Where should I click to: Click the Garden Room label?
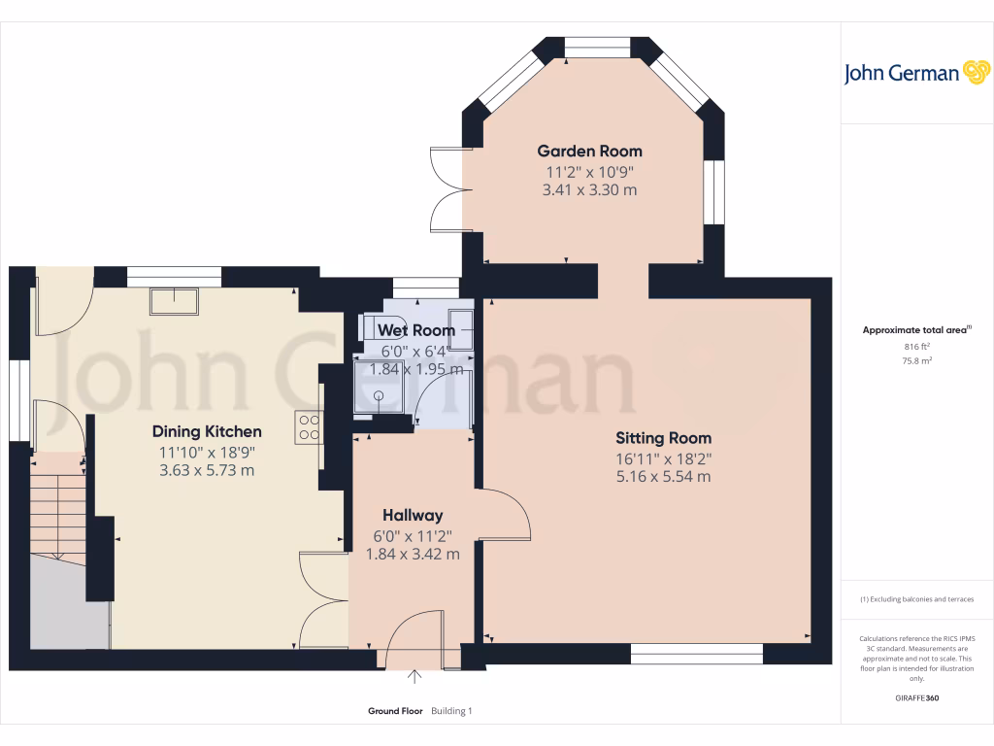click(589, 151)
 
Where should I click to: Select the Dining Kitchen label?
click(207, 431)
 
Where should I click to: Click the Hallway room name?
click(413, 515)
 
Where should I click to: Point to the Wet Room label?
click(415, 330)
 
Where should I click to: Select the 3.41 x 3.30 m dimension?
click(589, 189)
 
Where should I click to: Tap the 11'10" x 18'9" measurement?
click(207, 452)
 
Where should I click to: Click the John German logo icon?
click(975, 73)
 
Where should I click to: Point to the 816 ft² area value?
click(917, 346)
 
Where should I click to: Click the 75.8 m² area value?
click(917, 360)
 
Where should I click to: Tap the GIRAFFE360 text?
click(917, 698)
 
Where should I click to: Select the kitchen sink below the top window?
click(174, 301)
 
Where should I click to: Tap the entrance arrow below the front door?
click(416, 677)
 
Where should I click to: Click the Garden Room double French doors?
click(448, 189)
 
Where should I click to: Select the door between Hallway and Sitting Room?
click(505, 514)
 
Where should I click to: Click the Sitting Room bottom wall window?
click(697, 654)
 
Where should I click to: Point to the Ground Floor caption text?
click(395, 711)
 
